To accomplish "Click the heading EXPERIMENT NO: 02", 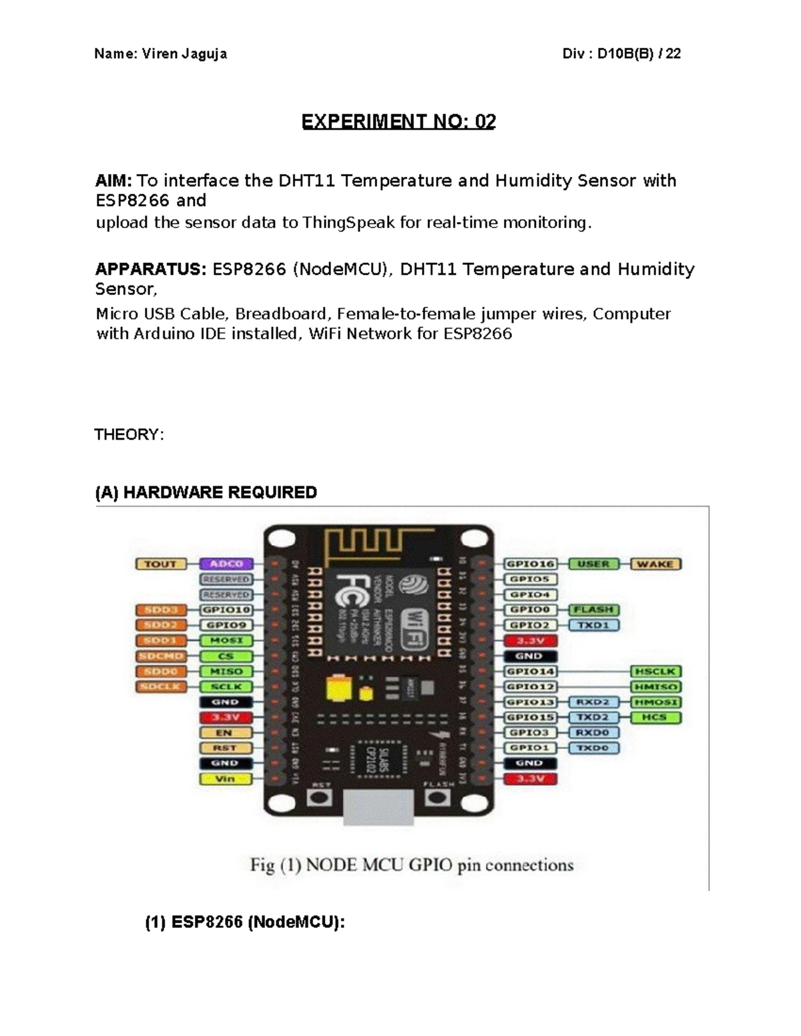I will [x=398, y=121].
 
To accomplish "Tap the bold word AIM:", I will [x=114, y=181].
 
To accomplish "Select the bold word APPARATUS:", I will [x=151, y=270].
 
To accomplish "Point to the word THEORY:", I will [x=129, y=435].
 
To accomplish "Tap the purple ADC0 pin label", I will [x=226, y=564].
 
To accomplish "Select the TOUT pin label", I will [x=160, y=564].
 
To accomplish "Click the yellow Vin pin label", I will [x=225, y=779].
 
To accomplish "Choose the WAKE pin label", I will [x=655, y=564].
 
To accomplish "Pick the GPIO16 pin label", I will [x=529, y=564].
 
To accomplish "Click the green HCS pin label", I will [x=655, y=718].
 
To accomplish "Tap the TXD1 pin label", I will [x=593, y=626].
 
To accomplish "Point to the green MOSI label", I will [x=226, y=640].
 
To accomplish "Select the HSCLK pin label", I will [x=655, y=672].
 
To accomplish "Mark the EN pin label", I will [x=225, y=732].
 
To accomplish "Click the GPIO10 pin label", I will [x=226, y=610].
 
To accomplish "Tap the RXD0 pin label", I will [x=593, y=732].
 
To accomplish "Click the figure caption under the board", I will [x=412, y=865].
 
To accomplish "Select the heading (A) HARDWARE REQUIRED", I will [x=206, y=492].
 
